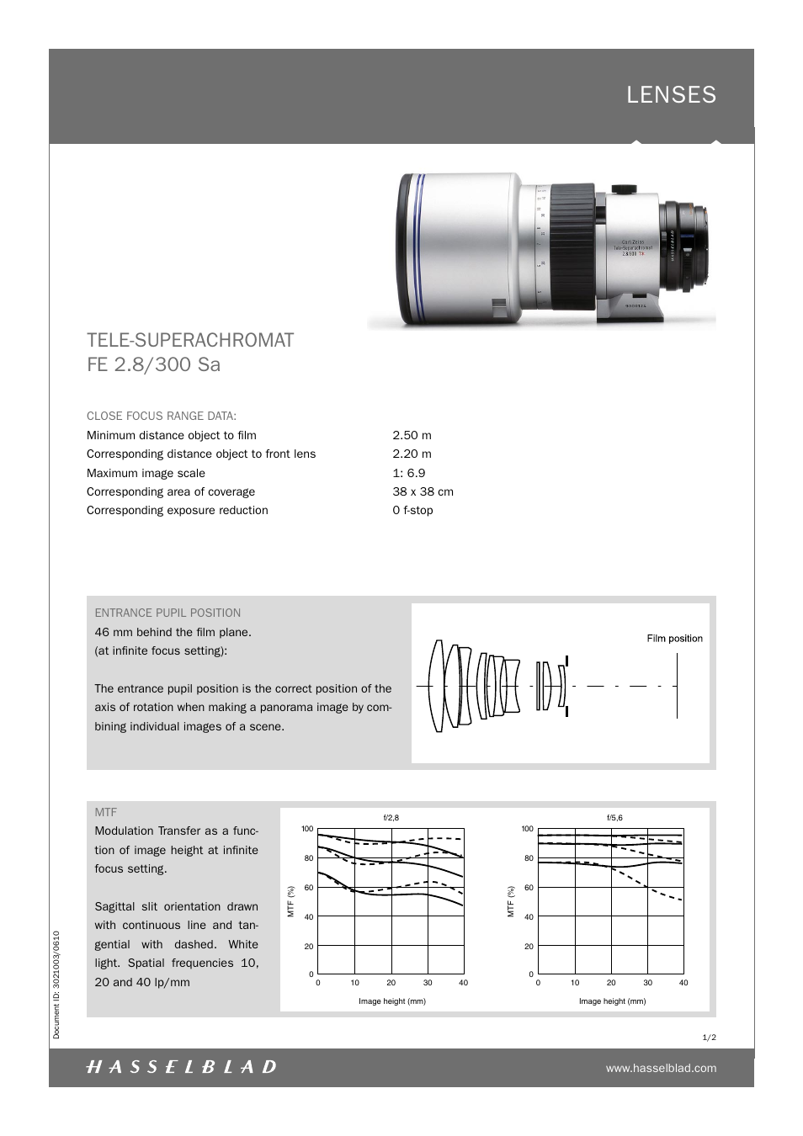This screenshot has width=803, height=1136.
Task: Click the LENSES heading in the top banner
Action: [x=671, y=95]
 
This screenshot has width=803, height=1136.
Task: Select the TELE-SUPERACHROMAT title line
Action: [x=190, y=340]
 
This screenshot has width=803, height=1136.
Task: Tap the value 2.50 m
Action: [x=412, y=435]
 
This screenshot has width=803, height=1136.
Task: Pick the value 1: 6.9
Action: [x=409, y=473]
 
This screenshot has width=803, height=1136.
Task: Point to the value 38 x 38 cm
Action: [x=423, y=491]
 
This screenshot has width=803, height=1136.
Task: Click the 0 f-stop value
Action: [x=412, y=510]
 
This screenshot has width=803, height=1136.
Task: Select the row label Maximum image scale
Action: [x=146, y=473]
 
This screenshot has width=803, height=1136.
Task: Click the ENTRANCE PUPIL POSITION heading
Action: [x=168, y=613]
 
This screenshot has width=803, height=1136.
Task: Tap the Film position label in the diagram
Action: [x=674, y=639]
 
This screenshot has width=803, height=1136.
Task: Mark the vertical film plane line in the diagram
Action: [x=677, y=686]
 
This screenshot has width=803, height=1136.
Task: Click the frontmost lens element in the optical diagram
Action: [x=436, y=686]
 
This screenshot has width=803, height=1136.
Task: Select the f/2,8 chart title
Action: [x=391, y=817]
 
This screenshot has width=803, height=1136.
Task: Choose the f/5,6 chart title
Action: [x=614, y=817]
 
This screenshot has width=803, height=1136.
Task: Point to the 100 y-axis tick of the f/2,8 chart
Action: [x=307, y=829]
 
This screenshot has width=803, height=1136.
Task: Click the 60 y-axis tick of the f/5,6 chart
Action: [x=529, y=888]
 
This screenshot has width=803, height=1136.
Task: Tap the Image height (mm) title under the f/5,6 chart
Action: [x=612, y=1001]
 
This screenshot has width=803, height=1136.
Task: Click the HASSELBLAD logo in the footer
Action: [x=181, y=1067]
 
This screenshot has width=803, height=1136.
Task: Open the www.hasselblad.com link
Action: [x=661, y=1068]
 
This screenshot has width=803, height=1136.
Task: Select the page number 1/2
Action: [x=709, y=1038]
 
